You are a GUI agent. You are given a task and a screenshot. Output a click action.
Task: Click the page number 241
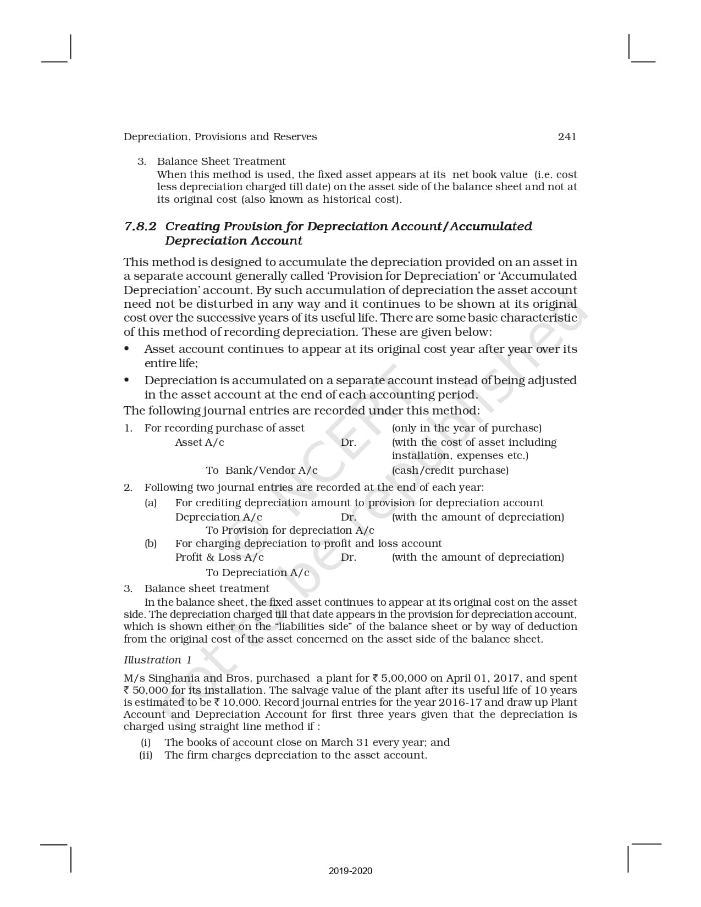[567, 137]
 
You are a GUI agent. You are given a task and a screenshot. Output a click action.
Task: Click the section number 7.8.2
[141, 226]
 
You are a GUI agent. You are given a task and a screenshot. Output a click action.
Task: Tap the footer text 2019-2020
[350, 871]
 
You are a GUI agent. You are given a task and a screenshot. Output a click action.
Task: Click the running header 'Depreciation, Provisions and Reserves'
[220, 137]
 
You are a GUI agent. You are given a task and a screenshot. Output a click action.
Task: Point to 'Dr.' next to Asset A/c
[349, 443]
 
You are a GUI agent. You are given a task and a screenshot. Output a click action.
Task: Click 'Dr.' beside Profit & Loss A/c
[349, 557]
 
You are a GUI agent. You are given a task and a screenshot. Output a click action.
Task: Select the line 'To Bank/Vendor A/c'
[262, 471]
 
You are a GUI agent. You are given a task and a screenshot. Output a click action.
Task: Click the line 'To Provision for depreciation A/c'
[290, 530]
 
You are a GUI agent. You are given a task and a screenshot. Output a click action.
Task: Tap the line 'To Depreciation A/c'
[257, 573]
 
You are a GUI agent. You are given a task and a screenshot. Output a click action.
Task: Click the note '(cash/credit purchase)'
[450, 471]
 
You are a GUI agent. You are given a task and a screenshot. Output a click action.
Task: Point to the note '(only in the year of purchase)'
[467, 428]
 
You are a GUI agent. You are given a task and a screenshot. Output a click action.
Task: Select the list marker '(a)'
[151, 503]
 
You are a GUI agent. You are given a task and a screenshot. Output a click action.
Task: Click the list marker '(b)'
[151, 544]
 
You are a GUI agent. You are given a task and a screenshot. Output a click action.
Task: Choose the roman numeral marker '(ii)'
[146, 755]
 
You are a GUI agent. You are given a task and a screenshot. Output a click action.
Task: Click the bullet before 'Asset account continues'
[127, 349]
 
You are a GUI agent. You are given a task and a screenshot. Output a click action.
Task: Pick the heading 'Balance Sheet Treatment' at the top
[221, 162]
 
